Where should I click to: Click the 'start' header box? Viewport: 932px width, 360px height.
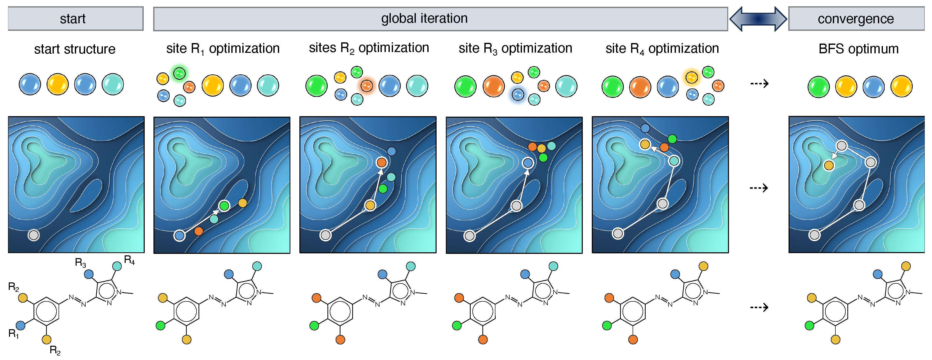tap(75, 19)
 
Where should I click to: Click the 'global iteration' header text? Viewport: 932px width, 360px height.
tap(424, 19)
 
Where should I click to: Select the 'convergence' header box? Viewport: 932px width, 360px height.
tap(856, 19)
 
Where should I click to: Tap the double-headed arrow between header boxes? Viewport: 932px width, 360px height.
tap(758, 19)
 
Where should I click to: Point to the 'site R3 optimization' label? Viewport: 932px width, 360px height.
tap(515, 49)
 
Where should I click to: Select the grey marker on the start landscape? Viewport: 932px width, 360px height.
tap(34, 235)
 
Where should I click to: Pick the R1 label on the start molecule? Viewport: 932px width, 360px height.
tap(13, 333)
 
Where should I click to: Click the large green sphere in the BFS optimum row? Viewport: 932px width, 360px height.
tap(818, 87)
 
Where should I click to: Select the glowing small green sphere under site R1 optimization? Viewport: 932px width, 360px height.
tap(179, 73)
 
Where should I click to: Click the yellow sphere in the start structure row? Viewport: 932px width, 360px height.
tap(58, 84)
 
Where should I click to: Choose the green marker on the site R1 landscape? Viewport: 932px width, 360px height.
tap(224, 206)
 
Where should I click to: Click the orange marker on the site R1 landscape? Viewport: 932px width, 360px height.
tap(199, 231)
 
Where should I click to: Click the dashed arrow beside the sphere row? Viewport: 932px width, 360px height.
tap(759, 84)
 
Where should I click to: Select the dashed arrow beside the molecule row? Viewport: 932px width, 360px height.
tap(759, 307)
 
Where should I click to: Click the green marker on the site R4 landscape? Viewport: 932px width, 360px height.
tap(672, 139)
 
